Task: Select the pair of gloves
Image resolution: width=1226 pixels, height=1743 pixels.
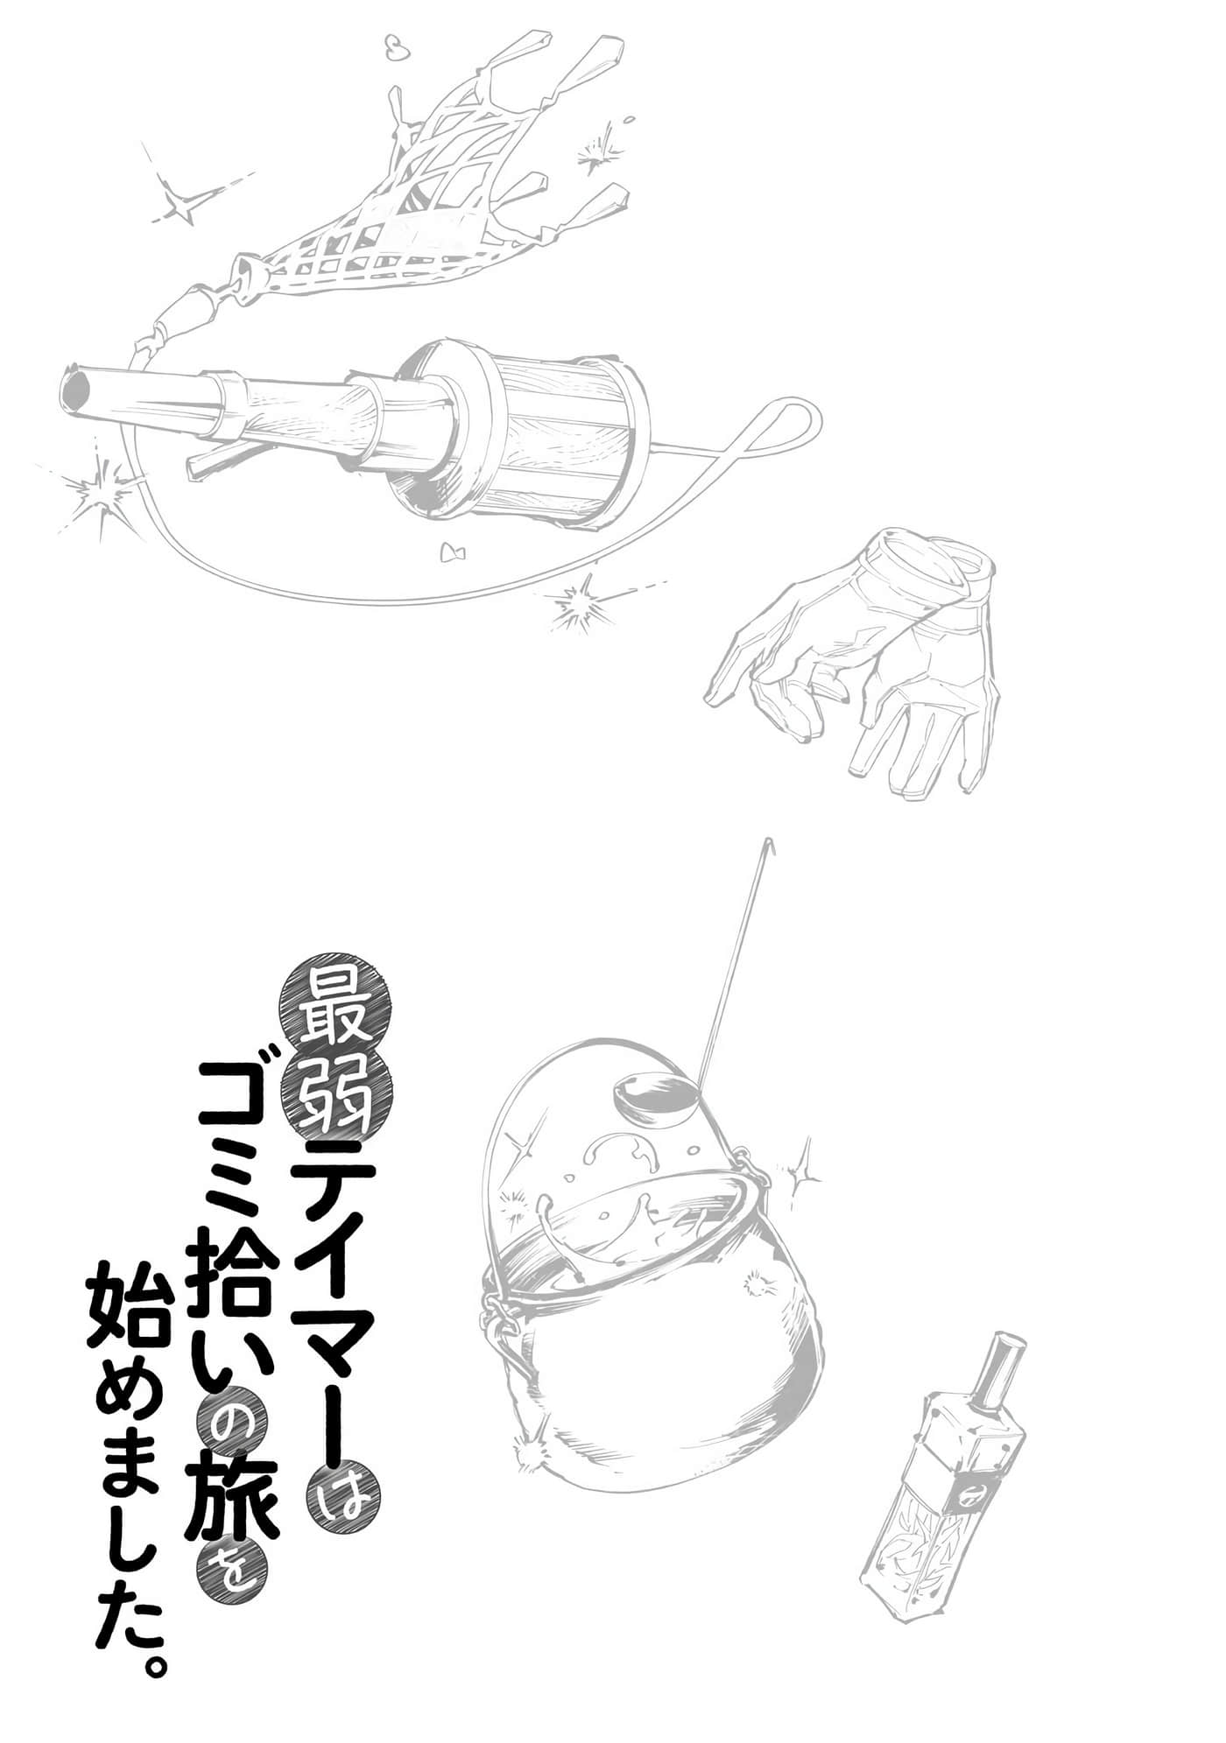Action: point(867,657)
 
